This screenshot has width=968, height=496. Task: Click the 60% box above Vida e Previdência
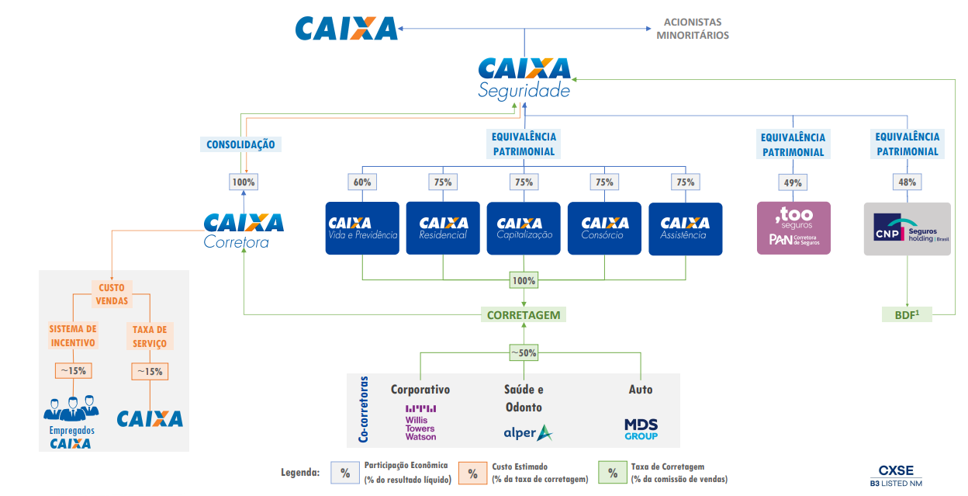point(362,182)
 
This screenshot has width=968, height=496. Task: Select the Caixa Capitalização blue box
point(524,228)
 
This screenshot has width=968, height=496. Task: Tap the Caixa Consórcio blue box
point(604,228)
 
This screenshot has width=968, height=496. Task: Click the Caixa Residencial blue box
point(443,228)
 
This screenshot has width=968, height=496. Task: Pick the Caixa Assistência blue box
point(685,228)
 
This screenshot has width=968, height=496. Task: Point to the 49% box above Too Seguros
point(793,182)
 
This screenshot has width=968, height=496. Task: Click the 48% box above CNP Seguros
point(907,182)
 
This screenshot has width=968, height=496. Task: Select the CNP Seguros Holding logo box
point(907,228)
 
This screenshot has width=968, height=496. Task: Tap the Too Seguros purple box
point(793,228)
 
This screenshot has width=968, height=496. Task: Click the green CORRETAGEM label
point(523,315)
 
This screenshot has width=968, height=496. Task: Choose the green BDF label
point(907,314)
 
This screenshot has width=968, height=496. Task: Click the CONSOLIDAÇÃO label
point(240,144)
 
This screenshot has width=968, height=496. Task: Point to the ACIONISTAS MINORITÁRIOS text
point(693,29)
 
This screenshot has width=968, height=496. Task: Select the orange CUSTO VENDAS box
point(112,294)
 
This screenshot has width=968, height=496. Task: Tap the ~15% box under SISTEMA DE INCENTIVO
point(73,370)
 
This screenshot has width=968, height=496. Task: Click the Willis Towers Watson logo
point(420,423)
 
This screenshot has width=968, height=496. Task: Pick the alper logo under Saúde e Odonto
point(528,433)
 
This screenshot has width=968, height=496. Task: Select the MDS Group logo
point(641,429)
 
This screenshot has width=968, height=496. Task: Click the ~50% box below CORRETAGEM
point(524,352)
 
